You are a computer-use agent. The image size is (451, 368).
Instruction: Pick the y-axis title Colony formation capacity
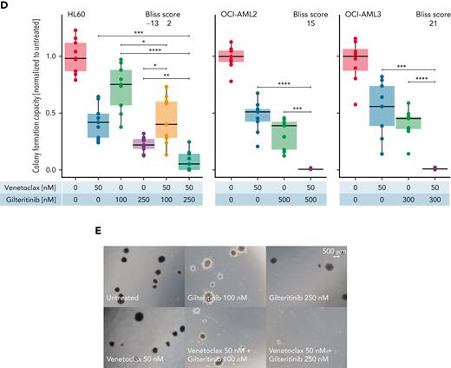pyautogui.click(x=10, y=100)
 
